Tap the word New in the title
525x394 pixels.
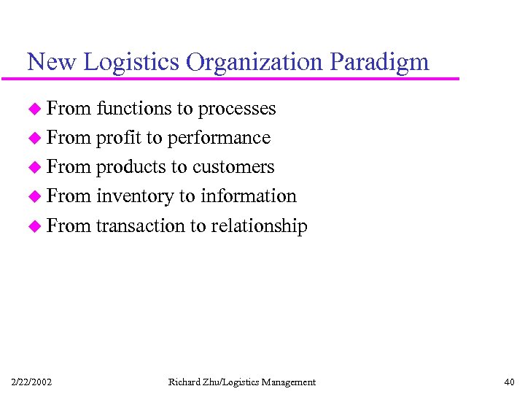coord(52,62)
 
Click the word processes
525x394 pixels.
coord(237,109)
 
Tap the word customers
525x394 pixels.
coord(233,167)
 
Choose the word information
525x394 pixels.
coord(249,196)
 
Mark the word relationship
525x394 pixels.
coord(259,225)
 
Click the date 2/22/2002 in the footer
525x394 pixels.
coord(31,382)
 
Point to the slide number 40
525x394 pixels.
coord(508,382)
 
